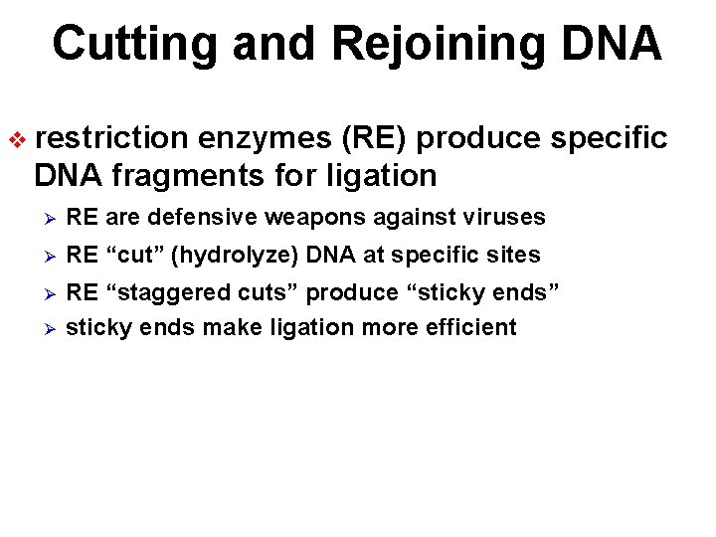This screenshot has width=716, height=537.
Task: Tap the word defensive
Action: (183, 217)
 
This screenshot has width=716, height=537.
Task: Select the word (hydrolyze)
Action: (235, 256)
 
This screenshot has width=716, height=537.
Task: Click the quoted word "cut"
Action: (134, 256)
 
